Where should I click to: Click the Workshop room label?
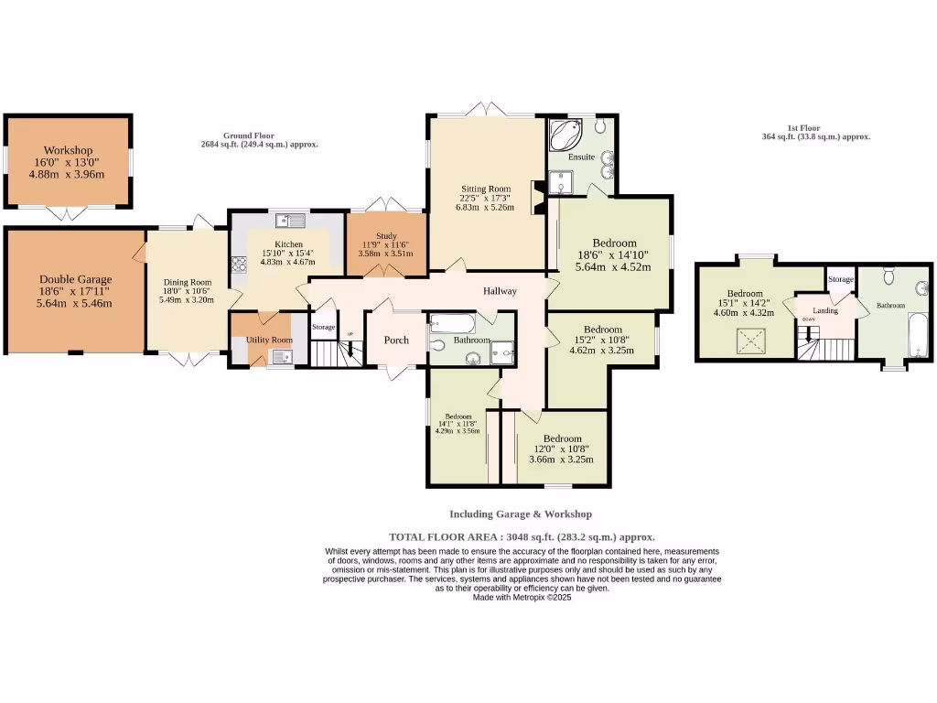click(69, 150)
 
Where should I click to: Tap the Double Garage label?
click(75, 279)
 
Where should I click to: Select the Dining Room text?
click(187, 283)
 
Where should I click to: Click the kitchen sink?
click(291, 220)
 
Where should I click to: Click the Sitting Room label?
click(486, 189)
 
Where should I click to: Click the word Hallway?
click(500, 291)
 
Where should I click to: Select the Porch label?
click(396, 341)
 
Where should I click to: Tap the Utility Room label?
click(269, 340)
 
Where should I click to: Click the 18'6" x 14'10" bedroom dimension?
click(613, 255)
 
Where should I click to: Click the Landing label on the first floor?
click(825, 310)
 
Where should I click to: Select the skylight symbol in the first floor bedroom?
click(753, 343)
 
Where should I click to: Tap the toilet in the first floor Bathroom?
click(888, 274)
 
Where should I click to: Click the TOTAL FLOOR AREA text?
click(522, 537)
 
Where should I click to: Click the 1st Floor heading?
click(803, 128)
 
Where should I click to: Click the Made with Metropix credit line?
click(522, 597)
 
